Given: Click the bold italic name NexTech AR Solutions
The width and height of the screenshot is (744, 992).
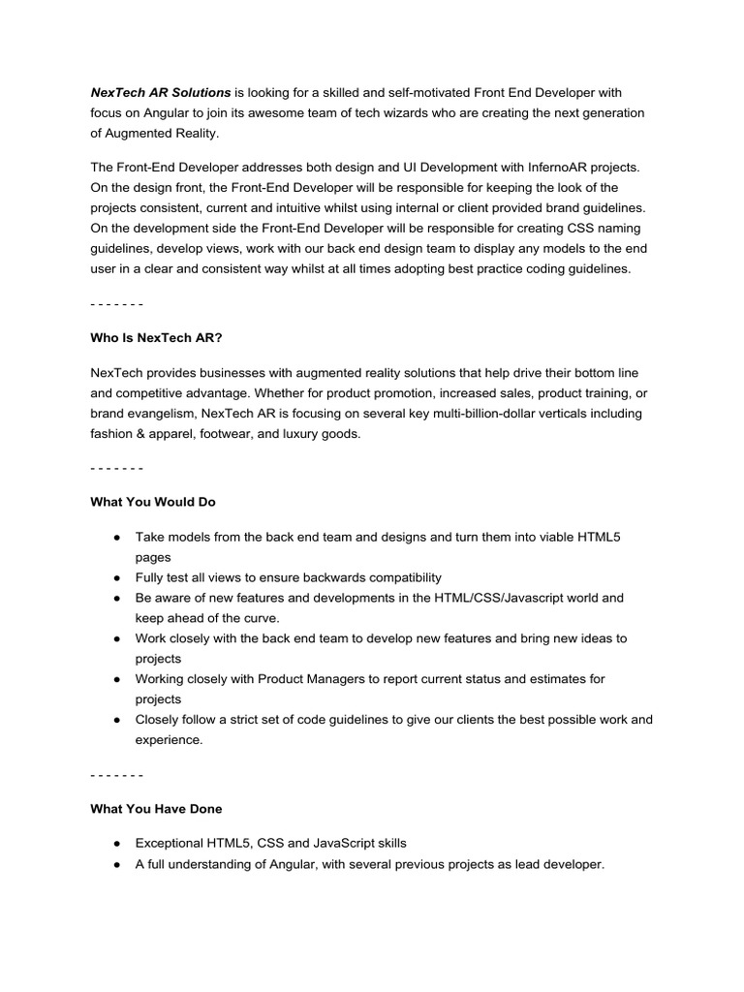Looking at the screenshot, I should [161, 92].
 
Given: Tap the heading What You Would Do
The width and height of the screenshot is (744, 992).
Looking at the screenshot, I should [152, 502].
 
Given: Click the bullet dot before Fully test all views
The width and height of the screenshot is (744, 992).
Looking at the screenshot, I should [116, 577].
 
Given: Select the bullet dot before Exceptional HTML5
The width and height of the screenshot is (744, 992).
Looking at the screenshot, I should [116, 844].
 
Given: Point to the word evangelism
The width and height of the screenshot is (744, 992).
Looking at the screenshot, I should [158, 414].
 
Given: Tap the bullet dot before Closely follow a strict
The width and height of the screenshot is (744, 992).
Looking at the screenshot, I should [116, 720].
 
